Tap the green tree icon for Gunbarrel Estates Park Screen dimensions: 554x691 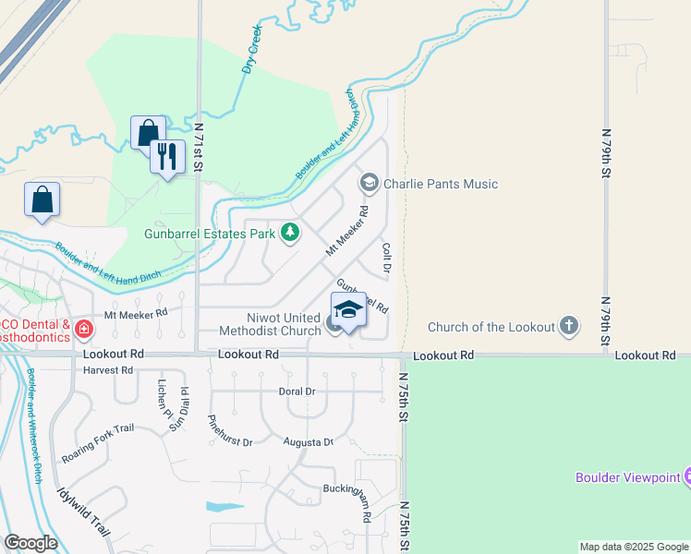(x=291, y=232)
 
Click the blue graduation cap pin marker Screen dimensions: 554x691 (x=348, y=310)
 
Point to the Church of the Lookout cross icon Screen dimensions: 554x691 (x=569, y=325)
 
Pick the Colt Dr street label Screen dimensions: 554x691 (x=386, y=258)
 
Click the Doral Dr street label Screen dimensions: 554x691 (x=297, y=391)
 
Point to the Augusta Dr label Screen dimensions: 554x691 (x=308, y=442)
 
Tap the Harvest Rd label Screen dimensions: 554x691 (x=108, y=369)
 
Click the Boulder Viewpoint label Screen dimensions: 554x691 (x=627, y=477)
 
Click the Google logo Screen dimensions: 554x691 (x=31, y=543)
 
